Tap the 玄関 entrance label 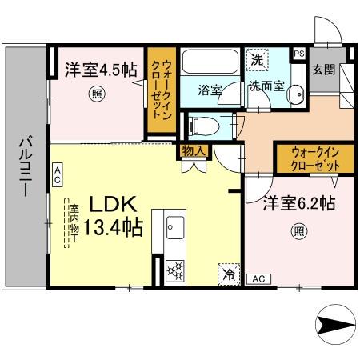tap(323, 69)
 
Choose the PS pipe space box tap(299, 54)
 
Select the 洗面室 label tap(265, 86)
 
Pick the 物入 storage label tap(194, 150)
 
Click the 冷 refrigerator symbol tap(228, 274)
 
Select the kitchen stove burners tap(174, 270)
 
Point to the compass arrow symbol tap(331, 326)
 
